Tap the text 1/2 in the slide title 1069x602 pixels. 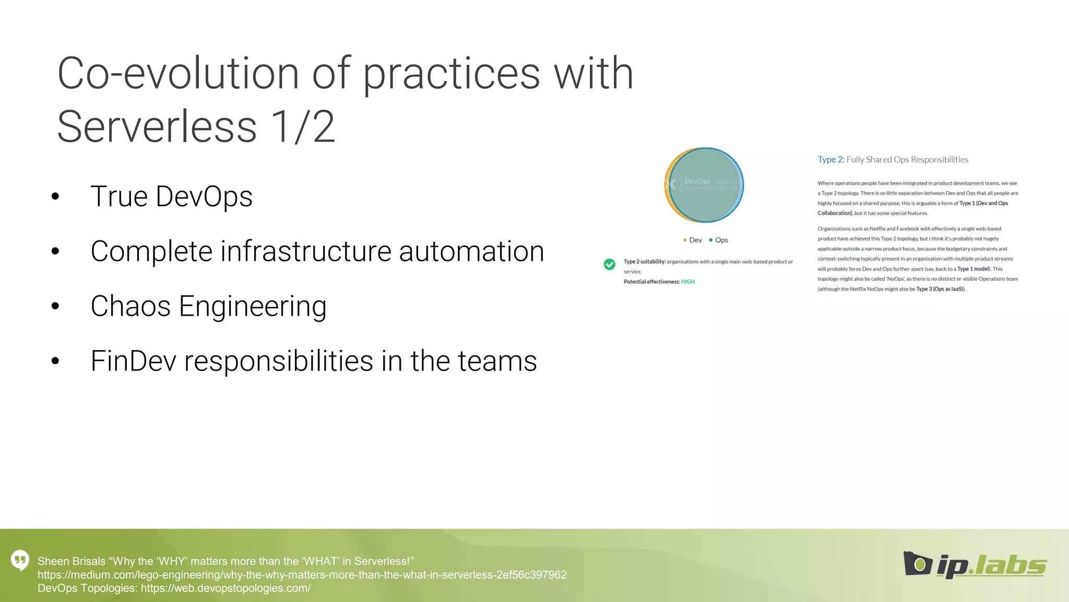(303, 127)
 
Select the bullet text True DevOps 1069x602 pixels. (171, 196)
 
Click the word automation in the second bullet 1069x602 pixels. (471, 251)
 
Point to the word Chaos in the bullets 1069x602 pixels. (130, 306)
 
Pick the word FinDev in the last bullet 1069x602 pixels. (134, 361)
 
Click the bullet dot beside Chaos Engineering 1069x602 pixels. (55, 306)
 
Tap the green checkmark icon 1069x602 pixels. (609, 264)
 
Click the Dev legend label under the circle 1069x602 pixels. (695, 240)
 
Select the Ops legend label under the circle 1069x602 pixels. (721, 240)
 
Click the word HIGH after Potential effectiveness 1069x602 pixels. (688, 282)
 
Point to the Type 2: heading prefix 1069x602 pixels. (830, 160)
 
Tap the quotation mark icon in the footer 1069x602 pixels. (20, 560)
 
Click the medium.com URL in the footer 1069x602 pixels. (302, 575)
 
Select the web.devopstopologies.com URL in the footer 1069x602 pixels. (225, 588)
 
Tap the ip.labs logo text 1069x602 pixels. (991, 565)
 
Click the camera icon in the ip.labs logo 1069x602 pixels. (917, 563)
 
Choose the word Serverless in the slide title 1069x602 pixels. (157, 127)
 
